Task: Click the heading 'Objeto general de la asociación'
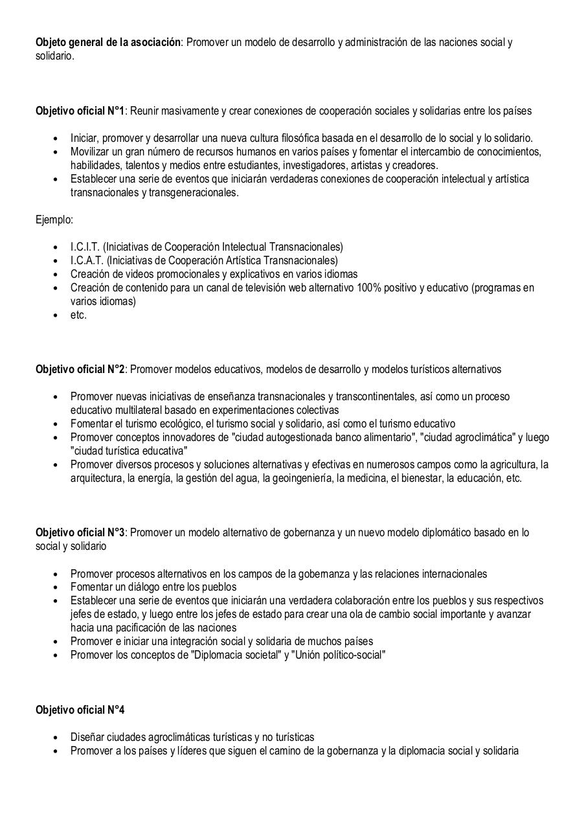tap(108, 43)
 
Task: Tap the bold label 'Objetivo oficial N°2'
tap(80, 369)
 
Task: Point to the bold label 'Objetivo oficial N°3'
tap(80, 532)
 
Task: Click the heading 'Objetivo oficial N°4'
tap(80, 710)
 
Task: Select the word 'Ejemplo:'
tap(54, 220)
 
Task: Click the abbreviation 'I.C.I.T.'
tap(85, 247)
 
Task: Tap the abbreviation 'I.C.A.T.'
tap(86, 260)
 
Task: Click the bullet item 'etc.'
tap(78, 315)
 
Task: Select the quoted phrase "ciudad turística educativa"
tap(129, 451)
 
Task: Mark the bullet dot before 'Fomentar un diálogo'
tap(56, 587)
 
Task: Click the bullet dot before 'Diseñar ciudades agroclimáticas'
tap(56, 738)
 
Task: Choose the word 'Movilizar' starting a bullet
tap(91, 152)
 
